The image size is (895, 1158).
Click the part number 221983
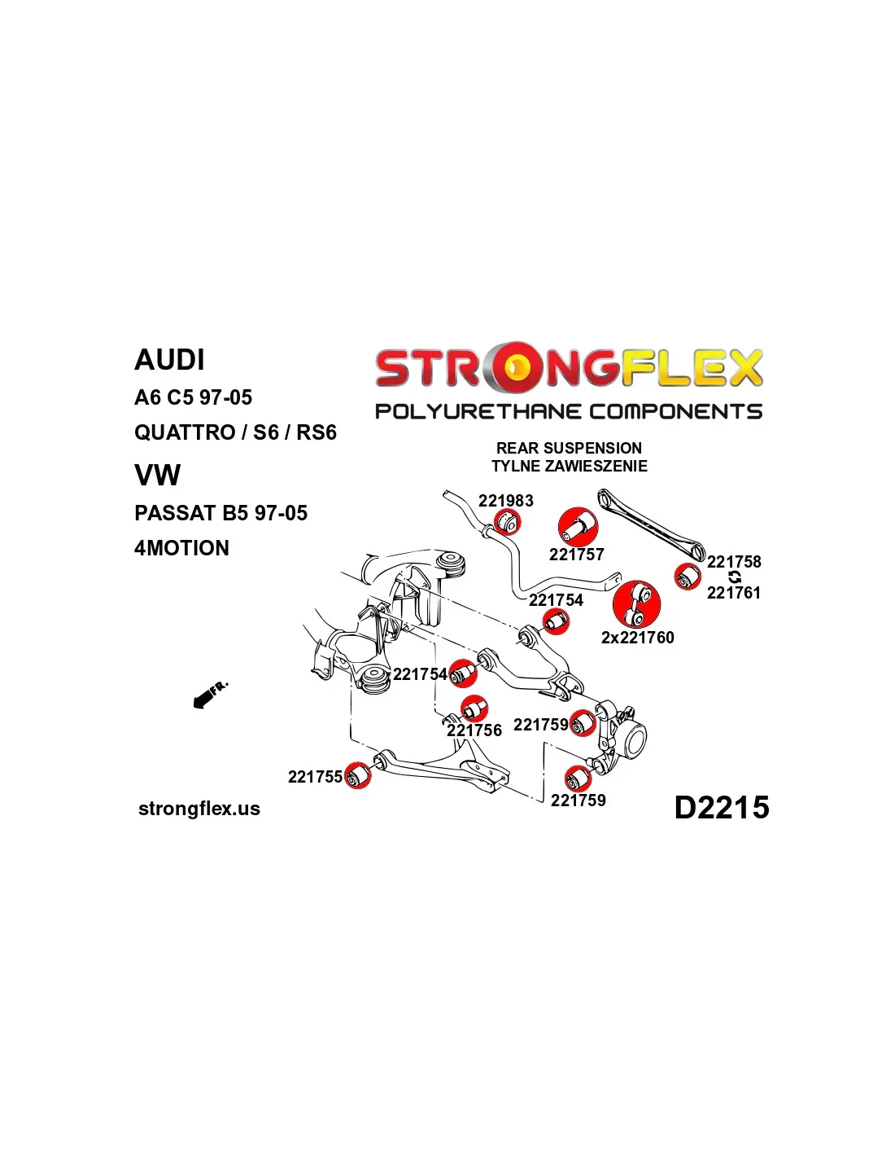(505, 501)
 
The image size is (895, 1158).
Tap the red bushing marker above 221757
(578, 526)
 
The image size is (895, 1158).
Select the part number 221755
(315, 777)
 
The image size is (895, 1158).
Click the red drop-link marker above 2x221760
(636, 604)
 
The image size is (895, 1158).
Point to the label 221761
(733, 593)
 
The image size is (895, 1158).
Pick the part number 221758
(734, 562)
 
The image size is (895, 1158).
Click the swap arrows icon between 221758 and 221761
(735, 577)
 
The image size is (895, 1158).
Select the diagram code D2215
(721, 807)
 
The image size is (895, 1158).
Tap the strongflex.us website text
(199, 809)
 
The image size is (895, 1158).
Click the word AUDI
(169, 360)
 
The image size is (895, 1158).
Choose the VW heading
(157, 476)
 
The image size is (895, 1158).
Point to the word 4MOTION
(181, 548)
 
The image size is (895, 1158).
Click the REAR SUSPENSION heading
(569, 448)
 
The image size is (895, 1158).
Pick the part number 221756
(474, 730)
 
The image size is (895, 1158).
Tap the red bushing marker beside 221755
(356, 775)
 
